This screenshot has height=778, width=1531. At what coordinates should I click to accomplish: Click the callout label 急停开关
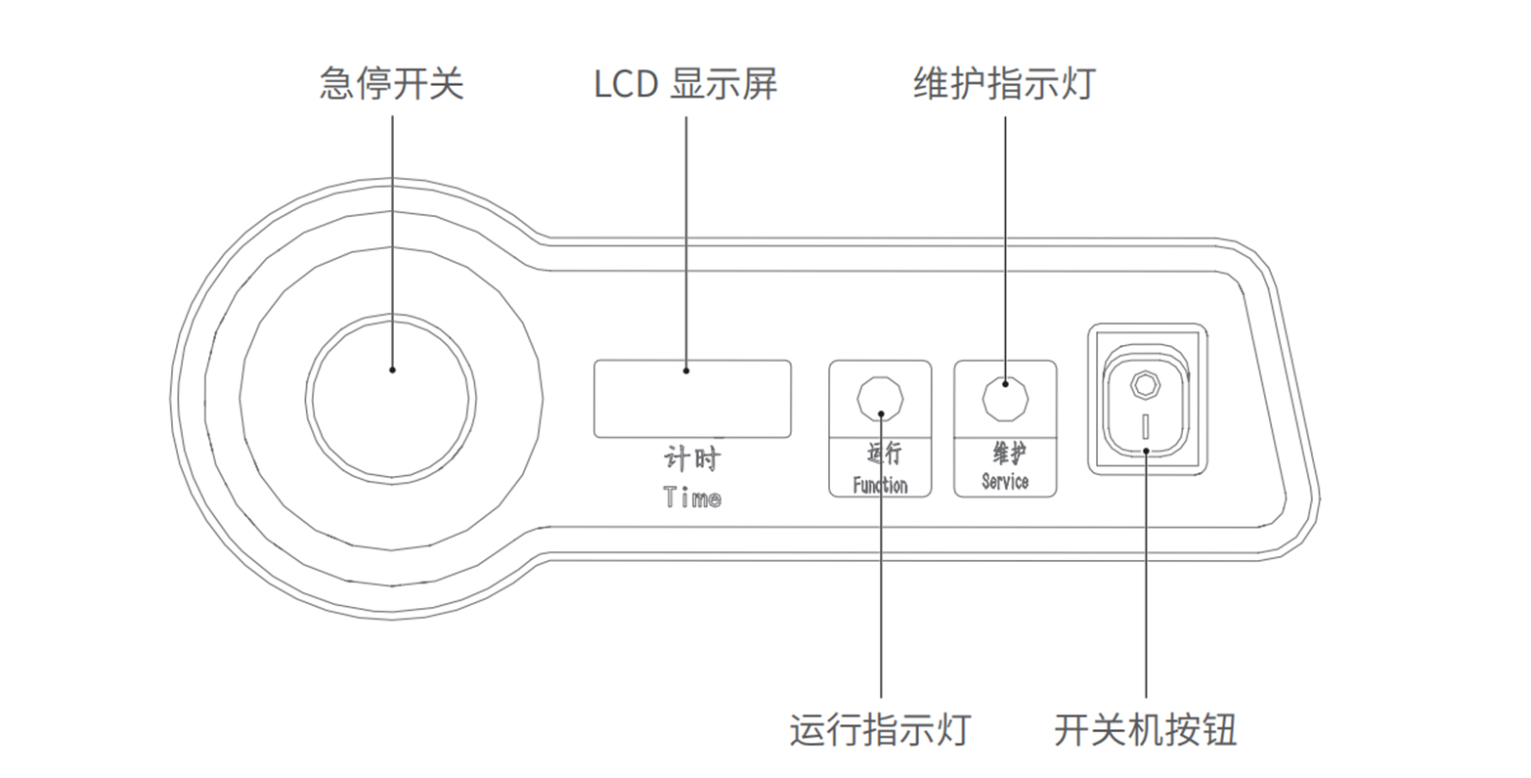391,84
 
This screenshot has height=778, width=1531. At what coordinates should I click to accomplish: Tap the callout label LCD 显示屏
685,84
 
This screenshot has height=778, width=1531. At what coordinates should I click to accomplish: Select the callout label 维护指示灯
1004,84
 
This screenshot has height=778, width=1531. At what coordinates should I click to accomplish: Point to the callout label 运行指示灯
880,730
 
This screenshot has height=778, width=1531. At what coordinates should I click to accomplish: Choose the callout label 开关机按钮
1145,730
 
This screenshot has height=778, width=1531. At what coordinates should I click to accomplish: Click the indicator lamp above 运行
880,398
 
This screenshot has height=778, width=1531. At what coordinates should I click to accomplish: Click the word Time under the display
692,497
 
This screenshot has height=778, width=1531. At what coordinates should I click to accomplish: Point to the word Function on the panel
880,485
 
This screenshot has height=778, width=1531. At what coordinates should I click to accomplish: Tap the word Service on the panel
1005,481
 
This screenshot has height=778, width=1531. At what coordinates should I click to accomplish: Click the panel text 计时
691,459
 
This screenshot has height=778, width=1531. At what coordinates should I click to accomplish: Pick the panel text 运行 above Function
884,453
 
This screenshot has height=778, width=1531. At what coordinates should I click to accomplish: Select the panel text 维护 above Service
1009,453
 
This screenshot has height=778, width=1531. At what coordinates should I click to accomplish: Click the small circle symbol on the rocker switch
1145,383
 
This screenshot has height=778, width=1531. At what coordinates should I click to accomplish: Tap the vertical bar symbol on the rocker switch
1145,425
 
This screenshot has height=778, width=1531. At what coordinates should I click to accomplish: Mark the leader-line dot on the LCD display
685,370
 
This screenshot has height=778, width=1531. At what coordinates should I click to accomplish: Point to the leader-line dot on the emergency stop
392,369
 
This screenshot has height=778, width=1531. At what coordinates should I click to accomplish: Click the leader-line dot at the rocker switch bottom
1145,452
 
